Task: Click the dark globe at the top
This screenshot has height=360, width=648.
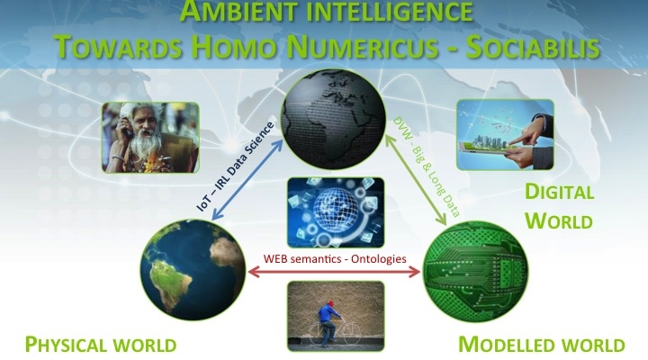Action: pos(333,119)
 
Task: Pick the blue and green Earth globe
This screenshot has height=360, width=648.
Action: pos(193,269)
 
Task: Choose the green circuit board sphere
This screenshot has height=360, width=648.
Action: pos(475,272)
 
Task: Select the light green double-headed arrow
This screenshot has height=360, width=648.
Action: pos(416,180)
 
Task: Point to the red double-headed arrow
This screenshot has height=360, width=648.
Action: pos(334,272)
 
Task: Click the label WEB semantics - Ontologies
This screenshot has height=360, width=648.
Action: pos(335,258)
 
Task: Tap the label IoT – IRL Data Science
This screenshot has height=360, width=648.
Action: pos(235,166)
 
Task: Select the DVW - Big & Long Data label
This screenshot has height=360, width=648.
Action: pos(427,166)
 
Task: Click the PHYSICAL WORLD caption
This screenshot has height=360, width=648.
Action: pos(101,345)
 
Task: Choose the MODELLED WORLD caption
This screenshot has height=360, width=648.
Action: pos(542,345)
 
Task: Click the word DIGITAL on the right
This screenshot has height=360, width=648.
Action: pos(559,193)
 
